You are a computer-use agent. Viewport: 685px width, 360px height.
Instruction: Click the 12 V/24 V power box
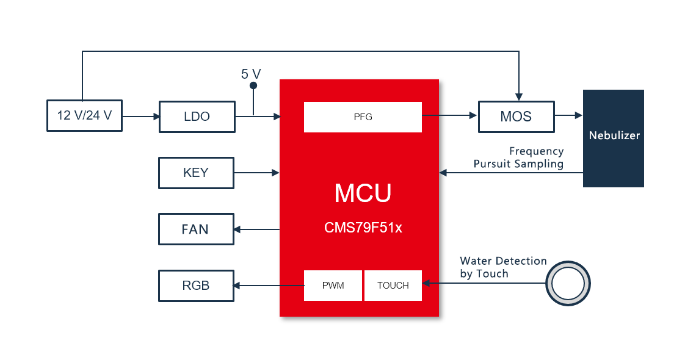tap(84, 115)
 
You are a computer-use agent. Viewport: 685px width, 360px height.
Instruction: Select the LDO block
tap(197, 116)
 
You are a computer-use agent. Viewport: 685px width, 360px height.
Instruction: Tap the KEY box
tap(196, 173)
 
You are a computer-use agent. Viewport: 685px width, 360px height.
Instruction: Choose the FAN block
tap(196, 229)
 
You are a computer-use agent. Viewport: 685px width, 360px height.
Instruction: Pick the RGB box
tap(196, 286)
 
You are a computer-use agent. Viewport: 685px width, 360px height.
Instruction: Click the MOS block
tap(516, 117)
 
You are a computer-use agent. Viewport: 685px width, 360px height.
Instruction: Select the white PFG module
tap(363, 117)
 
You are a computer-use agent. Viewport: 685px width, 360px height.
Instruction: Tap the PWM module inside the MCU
tap(333, 286)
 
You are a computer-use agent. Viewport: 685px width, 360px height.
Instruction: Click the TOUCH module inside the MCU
tap(393, 286)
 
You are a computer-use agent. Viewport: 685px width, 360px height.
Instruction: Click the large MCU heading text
tap(363, 193)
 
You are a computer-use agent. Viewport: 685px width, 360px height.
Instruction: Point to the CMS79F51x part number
tap(363, 228)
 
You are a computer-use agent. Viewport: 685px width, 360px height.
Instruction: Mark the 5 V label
tap(251, 74)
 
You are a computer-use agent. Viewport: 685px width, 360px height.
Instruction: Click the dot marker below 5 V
tap(253, 86)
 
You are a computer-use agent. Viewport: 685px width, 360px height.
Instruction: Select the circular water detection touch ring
tap(568, 283)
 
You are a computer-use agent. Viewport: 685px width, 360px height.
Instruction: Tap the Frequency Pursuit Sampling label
tap(518, 157)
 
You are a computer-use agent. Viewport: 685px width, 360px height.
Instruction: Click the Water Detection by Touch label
tap(502, 267)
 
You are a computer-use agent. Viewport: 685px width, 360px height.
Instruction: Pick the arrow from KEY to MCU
tap(256, 173)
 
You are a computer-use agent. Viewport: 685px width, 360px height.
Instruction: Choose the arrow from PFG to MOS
tap(449, 115)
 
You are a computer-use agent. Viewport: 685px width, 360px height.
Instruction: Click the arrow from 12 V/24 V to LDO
tap(140, 115)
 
